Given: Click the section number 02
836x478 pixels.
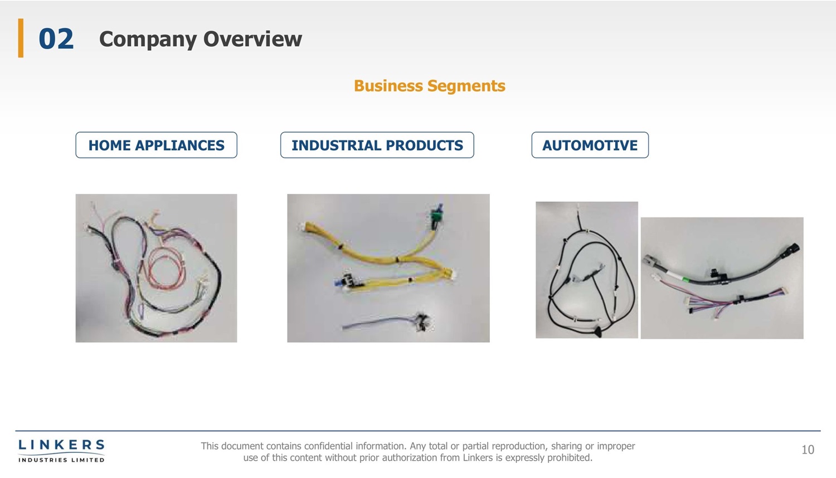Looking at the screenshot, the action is pyautogui.click(x=56, y=39).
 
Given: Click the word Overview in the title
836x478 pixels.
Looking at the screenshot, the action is pyautogui.click(x=252, y=39).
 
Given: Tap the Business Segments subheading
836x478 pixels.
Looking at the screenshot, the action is pyautogui.click(x=430, y=86).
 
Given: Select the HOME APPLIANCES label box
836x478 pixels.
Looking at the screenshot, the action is pyautogui.click(x=157, y=145).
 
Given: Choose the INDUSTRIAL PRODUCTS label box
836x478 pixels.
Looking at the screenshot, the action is pyautogui.click(x=377, y=145).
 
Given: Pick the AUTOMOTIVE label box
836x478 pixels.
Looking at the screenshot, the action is pyautogui.click(x=590, y=145).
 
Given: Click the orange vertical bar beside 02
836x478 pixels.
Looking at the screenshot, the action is pyautogui.click(x=21, y=38).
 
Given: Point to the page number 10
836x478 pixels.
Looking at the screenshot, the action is pyautogui.click(x=808, y=450).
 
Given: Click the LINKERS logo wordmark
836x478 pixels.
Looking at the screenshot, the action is pyautogui.click(x=61, y=445).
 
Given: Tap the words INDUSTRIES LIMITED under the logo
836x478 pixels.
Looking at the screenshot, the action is pyautogui.click(x=61, y=460).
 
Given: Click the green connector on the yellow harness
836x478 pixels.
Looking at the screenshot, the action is pyautogui.click(x=436, y=216).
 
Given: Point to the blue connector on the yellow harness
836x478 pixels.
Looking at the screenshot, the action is pyautogui.click(x=338, y=283).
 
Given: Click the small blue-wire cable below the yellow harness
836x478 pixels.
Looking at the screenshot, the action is pyautogui.click(x=386, y=323).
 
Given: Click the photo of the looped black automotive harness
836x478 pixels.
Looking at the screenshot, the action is pyautogui.click(x=587, y=270).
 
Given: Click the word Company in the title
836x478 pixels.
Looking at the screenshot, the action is pyautogui.click(x=148, y=40).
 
